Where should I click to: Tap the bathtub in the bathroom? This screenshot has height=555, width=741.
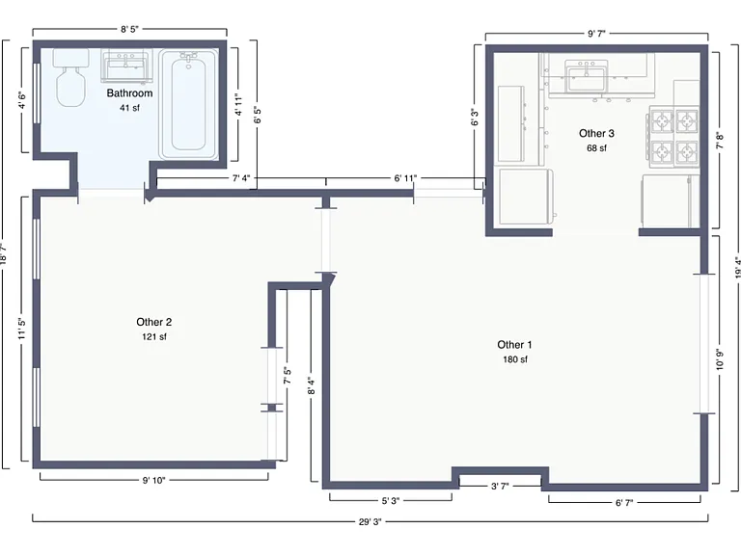(x=188, y=104)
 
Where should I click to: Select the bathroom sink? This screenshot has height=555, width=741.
(x=126, y=66)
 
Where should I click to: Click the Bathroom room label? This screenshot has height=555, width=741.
(x=129, y=92)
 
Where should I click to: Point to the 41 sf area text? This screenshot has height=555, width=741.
(x=129, y=108)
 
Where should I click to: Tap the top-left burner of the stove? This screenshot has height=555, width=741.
(x=662, y=121)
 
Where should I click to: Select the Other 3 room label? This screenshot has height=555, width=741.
(x=596, y=134)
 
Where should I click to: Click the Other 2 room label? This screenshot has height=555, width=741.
(x=154, y=322)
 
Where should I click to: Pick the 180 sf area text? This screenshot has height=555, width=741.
(x=515, y=359)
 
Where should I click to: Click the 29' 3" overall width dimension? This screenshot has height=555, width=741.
(x=370, y=521)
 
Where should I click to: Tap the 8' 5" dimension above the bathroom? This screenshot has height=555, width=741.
(x=129, y=29)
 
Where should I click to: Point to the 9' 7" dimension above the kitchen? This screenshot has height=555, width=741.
(x=596, y=33)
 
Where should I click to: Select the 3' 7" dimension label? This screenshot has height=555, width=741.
(x=500, y=486)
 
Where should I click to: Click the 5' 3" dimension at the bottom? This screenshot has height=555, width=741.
(x=391, y=501)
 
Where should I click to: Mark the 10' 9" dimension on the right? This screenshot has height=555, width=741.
(x=720, y=358)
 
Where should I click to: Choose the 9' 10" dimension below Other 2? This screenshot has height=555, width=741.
(x=154, y=481)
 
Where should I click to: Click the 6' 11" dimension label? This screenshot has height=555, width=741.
(x=405, y=178)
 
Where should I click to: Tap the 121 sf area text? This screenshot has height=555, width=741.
(x=154, y=336)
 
